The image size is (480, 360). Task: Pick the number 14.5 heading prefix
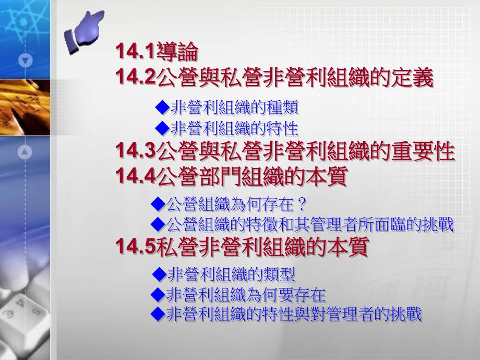click(135, 247)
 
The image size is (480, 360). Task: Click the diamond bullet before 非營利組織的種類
click(162, 107)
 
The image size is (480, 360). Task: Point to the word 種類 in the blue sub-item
click(283, 108)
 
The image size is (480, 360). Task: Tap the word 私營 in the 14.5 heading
click(177, 247)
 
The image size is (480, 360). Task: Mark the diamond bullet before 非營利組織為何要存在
click(158, 295)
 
